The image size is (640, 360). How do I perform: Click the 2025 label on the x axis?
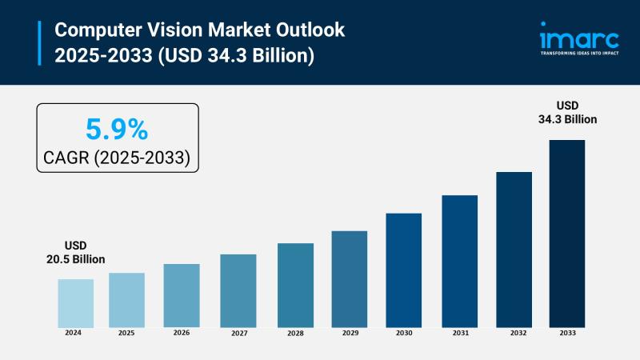126,332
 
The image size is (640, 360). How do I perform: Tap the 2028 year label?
295,332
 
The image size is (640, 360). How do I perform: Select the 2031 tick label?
459,332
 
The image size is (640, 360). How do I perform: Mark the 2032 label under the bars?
514,332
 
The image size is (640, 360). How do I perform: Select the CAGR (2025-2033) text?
117,157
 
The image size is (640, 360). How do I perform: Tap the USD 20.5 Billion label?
75,252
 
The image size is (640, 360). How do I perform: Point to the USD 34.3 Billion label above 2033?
566,112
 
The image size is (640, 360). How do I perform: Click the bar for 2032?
514,249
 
